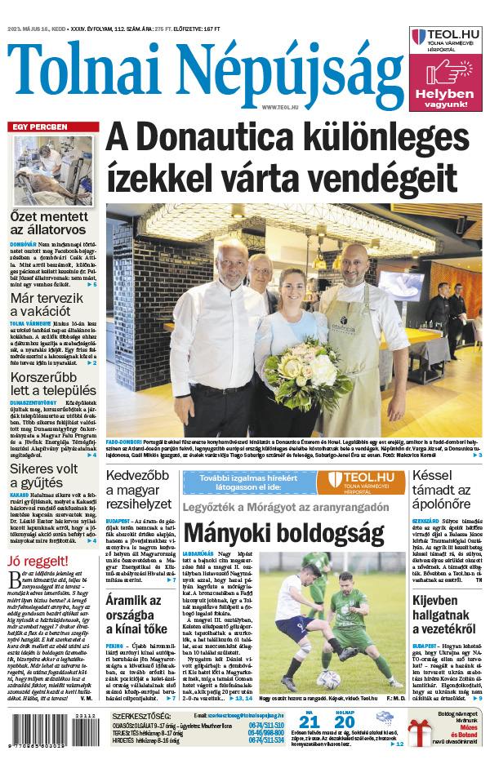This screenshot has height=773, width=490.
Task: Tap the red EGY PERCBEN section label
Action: point(39,127)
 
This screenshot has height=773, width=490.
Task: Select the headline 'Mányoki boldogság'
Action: point(283,534)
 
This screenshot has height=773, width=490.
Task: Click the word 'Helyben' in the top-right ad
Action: point(444,94)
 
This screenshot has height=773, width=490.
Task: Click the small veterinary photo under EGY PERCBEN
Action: point(52,171)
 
